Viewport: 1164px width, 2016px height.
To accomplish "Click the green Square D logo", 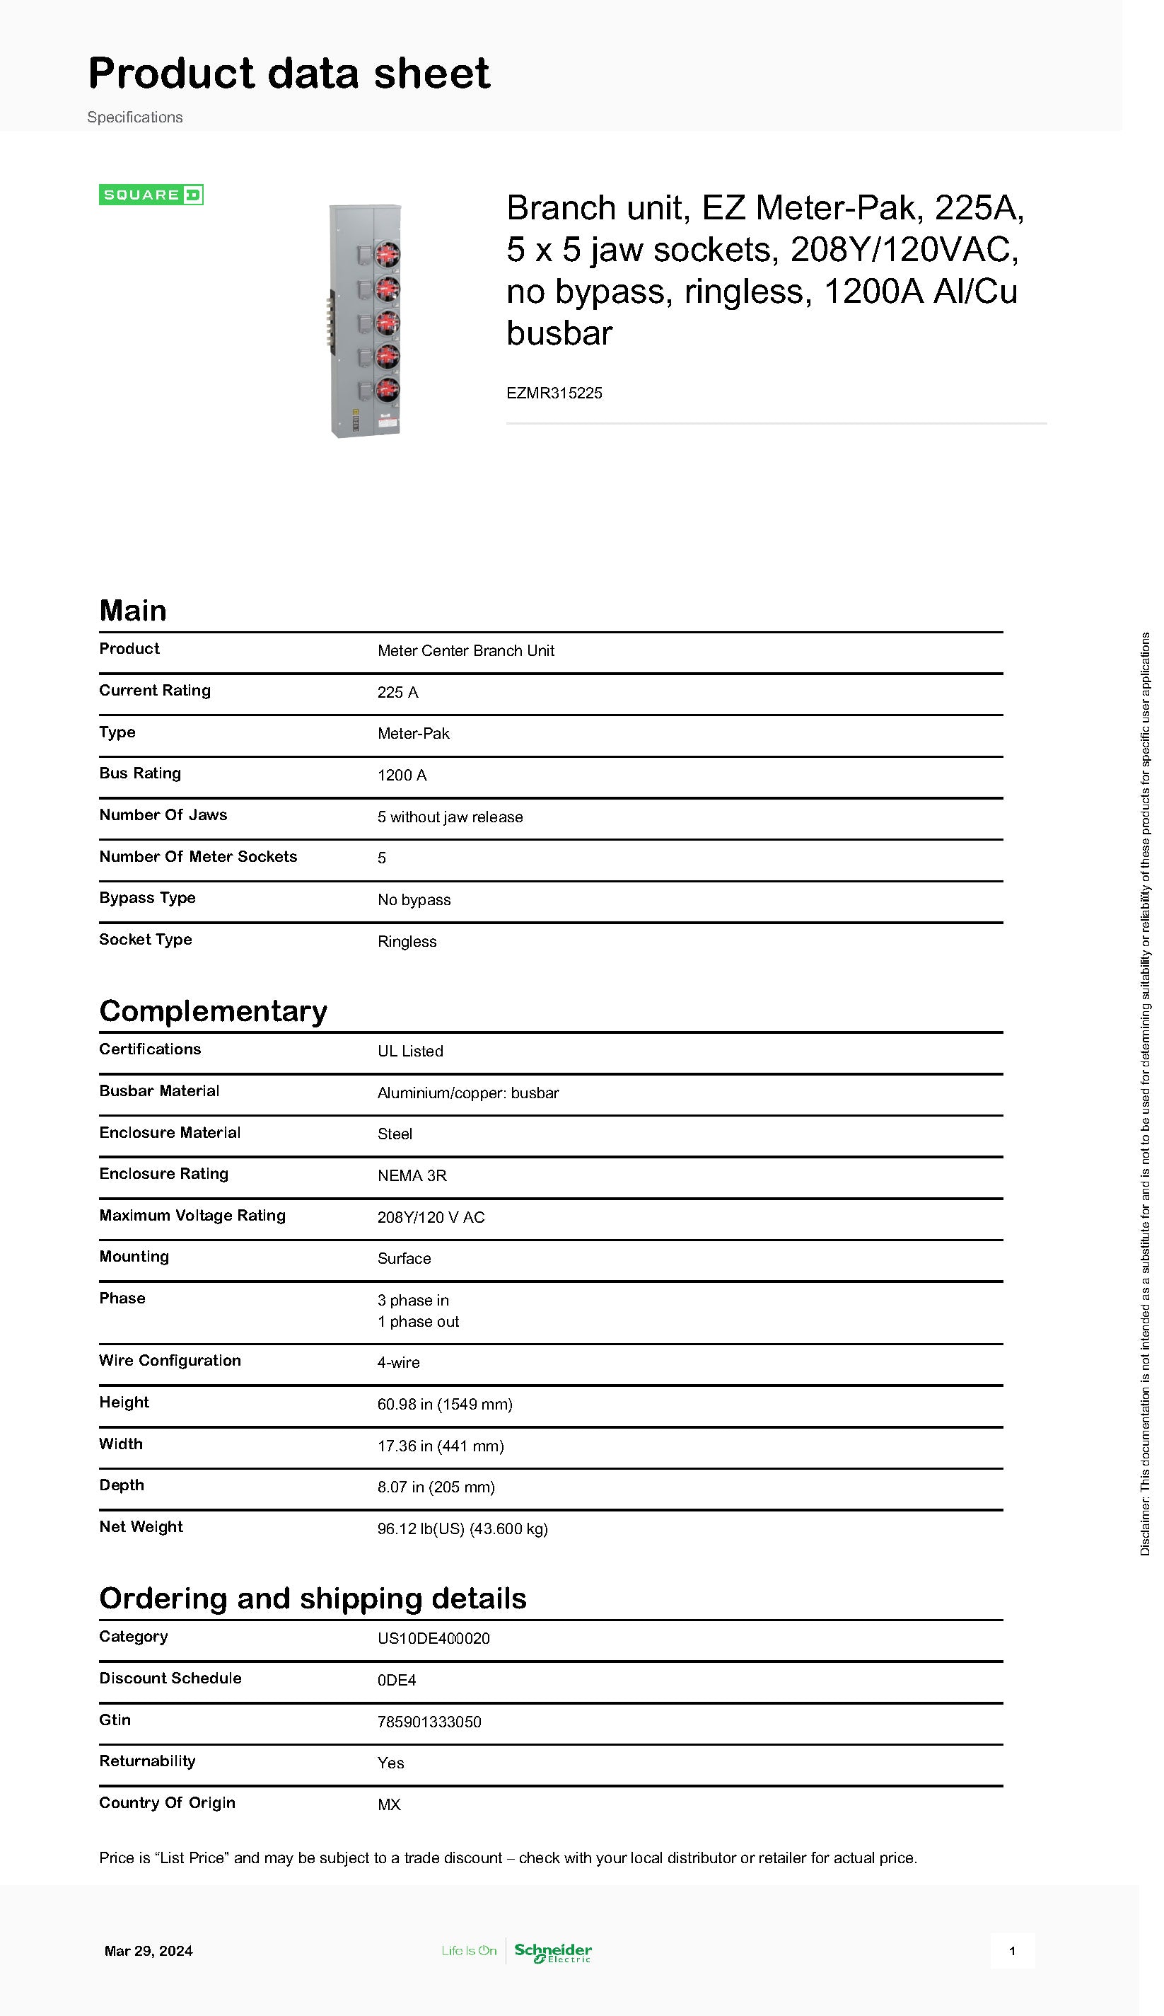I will point(151,195).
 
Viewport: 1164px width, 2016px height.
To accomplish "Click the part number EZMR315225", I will point(554,393).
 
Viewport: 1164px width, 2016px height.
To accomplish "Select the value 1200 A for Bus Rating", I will point(402,775).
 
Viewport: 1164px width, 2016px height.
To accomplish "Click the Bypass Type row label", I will point(147,897).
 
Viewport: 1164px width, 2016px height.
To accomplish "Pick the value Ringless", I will point(407,941).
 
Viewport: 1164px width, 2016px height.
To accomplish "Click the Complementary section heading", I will point(213,1010).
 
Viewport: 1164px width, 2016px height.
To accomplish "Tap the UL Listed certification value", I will point(410,1051).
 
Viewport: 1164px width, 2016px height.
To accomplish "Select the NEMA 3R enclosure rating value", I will point(412,1175).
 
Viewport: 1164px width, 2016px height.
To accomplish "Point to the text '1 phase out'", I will point(418,1321).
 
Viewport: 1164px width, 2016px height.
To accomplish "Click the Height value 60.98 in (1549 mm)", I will point(445,1404).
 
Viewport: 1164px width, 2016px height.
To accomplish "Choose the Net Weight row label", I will point(141,1526).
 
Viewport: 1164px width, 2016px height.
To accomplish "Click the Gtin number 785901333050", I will point(429,1722).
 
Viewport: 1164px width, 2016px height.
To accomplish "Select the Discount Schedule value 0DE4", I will point(397,1680).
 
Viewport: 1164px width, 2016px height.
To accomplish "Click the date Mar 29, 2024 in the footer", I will point(149,1951).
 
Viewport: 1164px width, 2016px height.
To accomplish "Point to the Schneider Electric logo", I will point(553,1952).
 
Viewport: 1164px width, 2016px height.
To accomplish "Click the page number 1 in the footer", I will point(1012,1951).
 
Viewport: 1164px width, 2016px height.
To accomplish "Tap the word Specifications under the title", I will point(135,117).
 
